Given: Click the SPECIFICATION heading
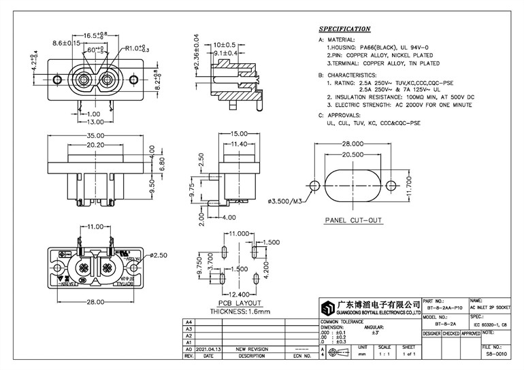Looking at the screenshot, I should tap(345, 29).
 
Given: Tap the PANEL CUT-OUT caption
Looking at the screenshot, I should tap(353, 220).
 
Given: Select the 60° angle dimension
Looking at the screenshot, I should tap(95, 50).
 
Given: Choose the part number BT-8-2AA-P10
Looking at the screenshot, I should tap(444, 307).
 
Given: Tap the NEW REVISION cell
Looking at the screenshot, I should tap(251, 348).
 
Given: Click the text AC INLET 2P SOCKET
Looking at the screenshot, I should tap(494, 307).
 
